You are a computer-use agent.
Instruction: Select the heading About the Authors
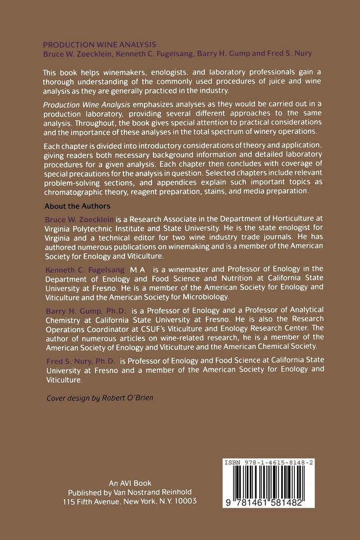77,206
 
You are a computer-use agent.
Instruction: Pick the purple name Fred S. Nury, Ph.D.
80,361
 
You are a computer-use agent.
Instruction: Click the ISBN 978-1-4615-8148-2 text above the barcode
268,462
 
